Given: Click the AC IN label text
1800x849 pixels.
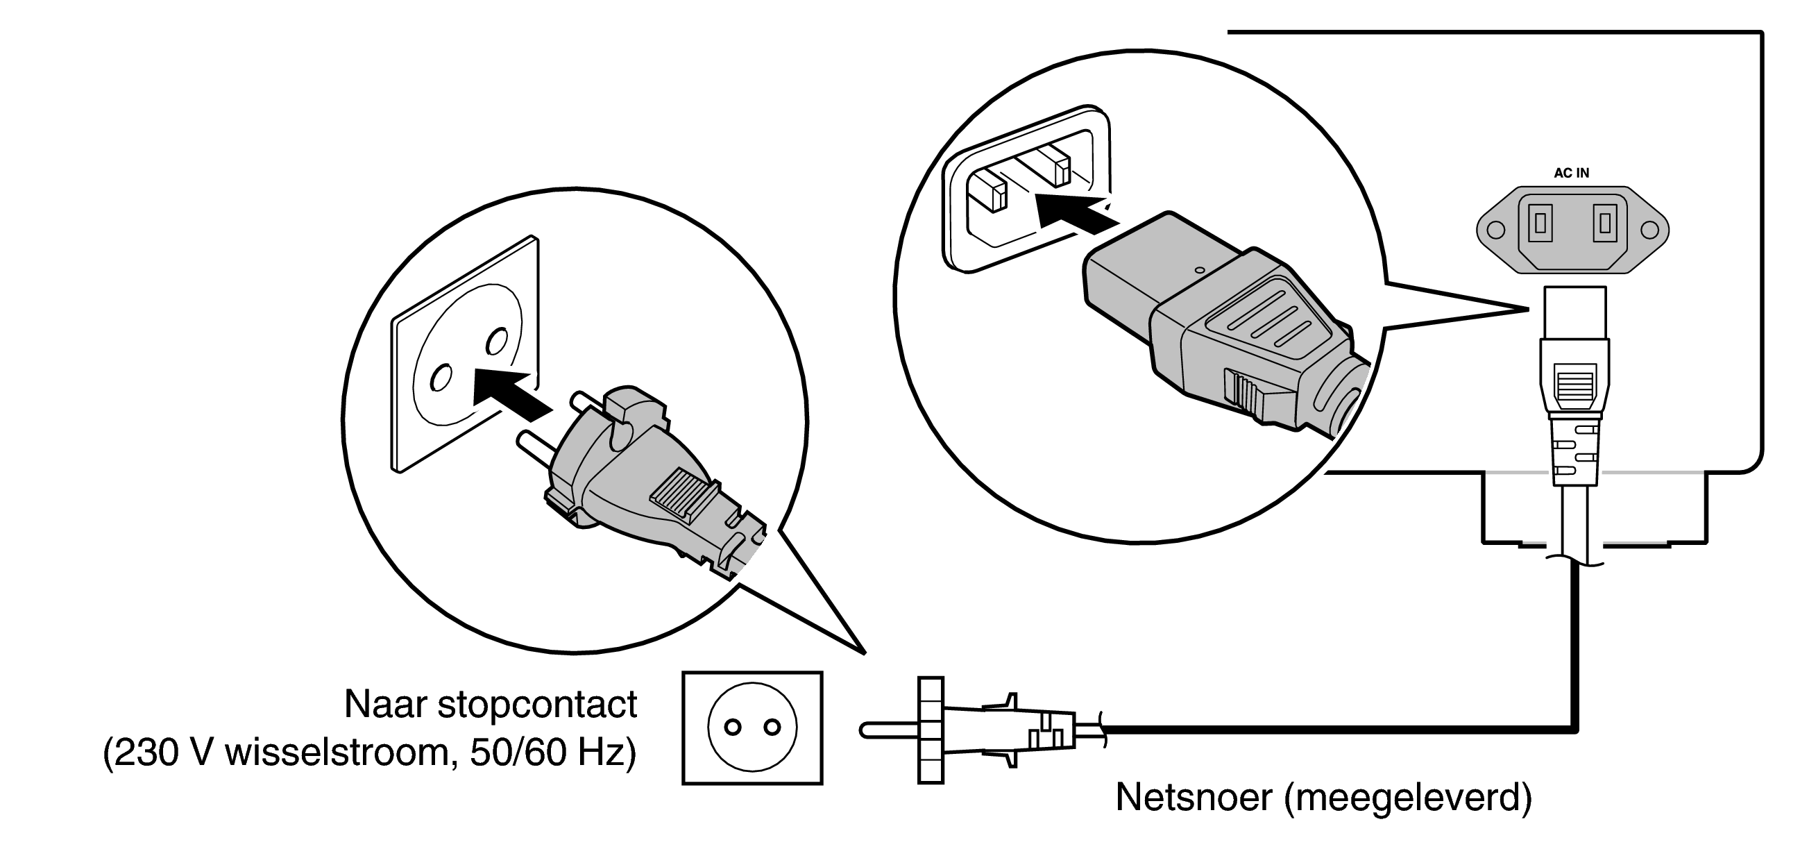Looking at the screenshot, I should [x=1572, y=173].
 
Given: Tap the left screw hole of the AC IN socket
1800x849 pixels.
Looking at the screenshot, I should [x=1495, y=230].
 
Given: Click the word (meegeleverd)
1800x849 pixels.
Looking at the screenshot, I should [x=1409, y=798].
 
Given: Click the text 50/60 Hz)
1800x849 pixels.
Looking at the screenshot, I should [x=553, y=753].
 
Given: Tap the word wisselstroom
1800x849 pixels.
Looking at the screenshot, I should [x=341, y=753].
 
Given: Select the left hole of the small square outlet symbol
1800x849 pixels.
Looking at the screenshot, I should [x=732, y=728].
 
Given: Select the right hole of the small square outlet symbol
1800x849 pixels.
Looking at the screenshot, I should [x=772, y=728].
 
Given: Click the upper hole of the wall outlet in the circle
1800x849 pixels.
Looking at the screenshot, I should [x=496, y=342].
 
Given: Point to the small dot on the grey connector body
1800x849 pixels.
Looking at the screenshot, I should [x=1200, y=269].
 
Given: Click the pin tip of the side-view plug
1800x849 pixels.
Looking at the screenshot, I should [x=865, y=730].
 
